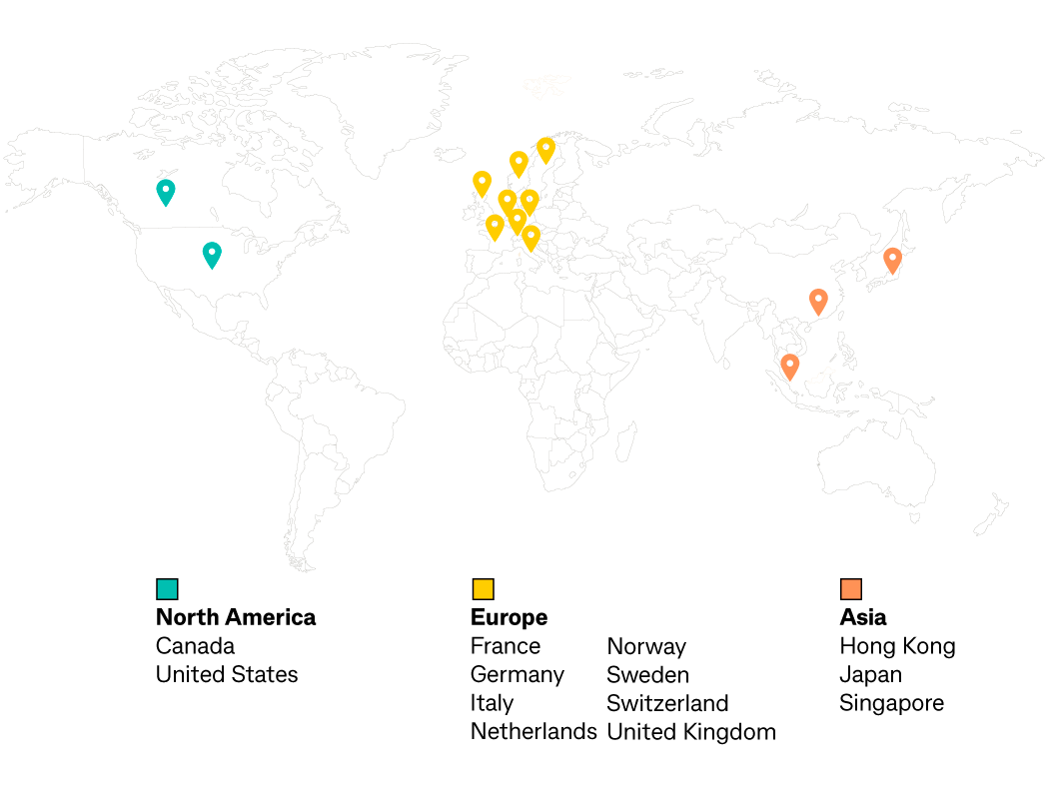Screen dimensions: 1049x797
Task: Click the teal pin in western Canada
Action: click(166, 190)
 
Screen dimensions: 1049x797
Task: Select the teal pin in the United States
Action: click(212, 253)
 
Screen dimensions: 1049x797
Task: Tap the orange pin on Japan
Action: click(892, 259)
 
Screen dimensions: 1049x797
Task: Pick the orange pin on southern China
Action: click(818, 300)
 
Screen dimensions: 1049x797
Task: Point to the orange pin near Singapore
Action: click(789, 366)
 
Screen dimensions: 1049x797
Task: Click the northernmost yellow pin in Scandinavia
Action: click(545, 148)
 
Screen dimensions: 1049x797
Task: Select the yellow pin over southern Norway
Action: click(519, 162)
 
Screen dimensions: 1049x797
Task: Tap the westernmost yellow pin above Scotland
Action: click(482, 182)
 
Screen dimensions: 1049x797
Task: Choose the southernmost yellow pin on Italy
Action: click(530, 236)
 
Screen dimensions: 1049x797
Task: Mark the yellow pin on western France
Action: click(495, 225)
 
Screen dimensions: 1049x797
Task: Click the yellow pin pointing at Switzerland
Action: click(517, 219)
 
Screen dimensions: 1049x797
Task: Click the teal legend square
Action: click(167, 589)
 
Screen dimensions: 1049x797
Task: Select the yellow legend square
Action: click(483, 589)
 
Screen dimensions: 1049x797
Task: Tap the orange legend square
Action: click(851, 589)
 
